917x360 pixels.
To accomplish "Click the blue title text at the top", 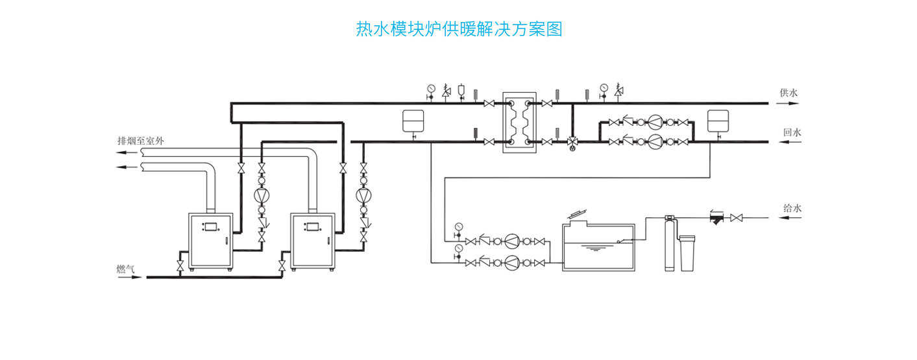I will [459, 29].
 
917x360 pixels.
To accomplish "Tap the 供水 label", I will [789, 93].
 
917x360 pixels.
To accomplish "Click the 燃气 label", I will [126, 269].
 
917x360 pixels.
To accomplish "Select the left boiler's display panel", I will [212, 227].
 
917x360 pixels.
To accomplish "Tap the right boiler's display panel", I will [314, 227].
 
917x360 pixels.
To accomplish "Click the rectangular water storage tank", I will [598, 247].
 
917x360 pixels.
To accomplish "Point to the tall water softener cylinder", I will [670, 243].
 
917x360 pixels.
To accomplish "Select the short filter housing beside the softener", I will [688, 252].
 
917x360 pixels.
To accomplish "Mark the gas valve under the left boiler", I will [180, 265].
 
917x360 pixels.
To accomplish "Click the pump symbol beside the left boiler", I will [262, 195].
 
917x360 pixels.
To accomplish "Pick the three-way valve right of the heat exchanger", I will [572, 141].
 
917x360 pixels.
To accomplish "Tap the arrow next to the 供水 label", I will [789, 102].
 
